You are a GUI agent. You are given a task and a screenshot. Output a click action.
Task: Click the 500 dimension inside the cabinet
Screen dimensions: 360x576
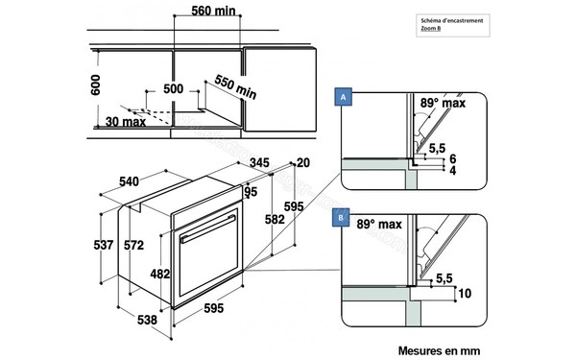(x=173, y=88)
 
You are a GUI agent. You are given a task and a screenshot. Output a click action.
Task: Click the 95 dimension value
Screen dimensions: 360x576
(x=251, y=191)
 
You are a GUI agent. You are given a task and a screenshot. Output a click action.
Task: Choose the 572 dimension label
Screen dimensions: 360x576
(x=133, y=246)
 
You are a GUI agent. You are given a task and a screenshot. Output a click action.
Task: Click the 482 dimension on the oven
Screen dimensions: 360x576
(x=160, y=273)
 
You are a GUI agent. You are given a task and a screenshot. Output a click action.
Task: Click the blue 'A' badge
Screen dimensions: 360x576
(x=342, y=97)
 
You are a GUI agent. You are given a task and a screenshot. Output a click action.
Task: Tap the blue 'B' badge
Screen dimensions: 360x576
(x=342, y=218)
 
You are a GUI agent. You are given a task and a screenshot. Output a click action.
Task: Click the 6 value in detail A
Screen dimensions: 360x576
(x=450, y=158)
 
